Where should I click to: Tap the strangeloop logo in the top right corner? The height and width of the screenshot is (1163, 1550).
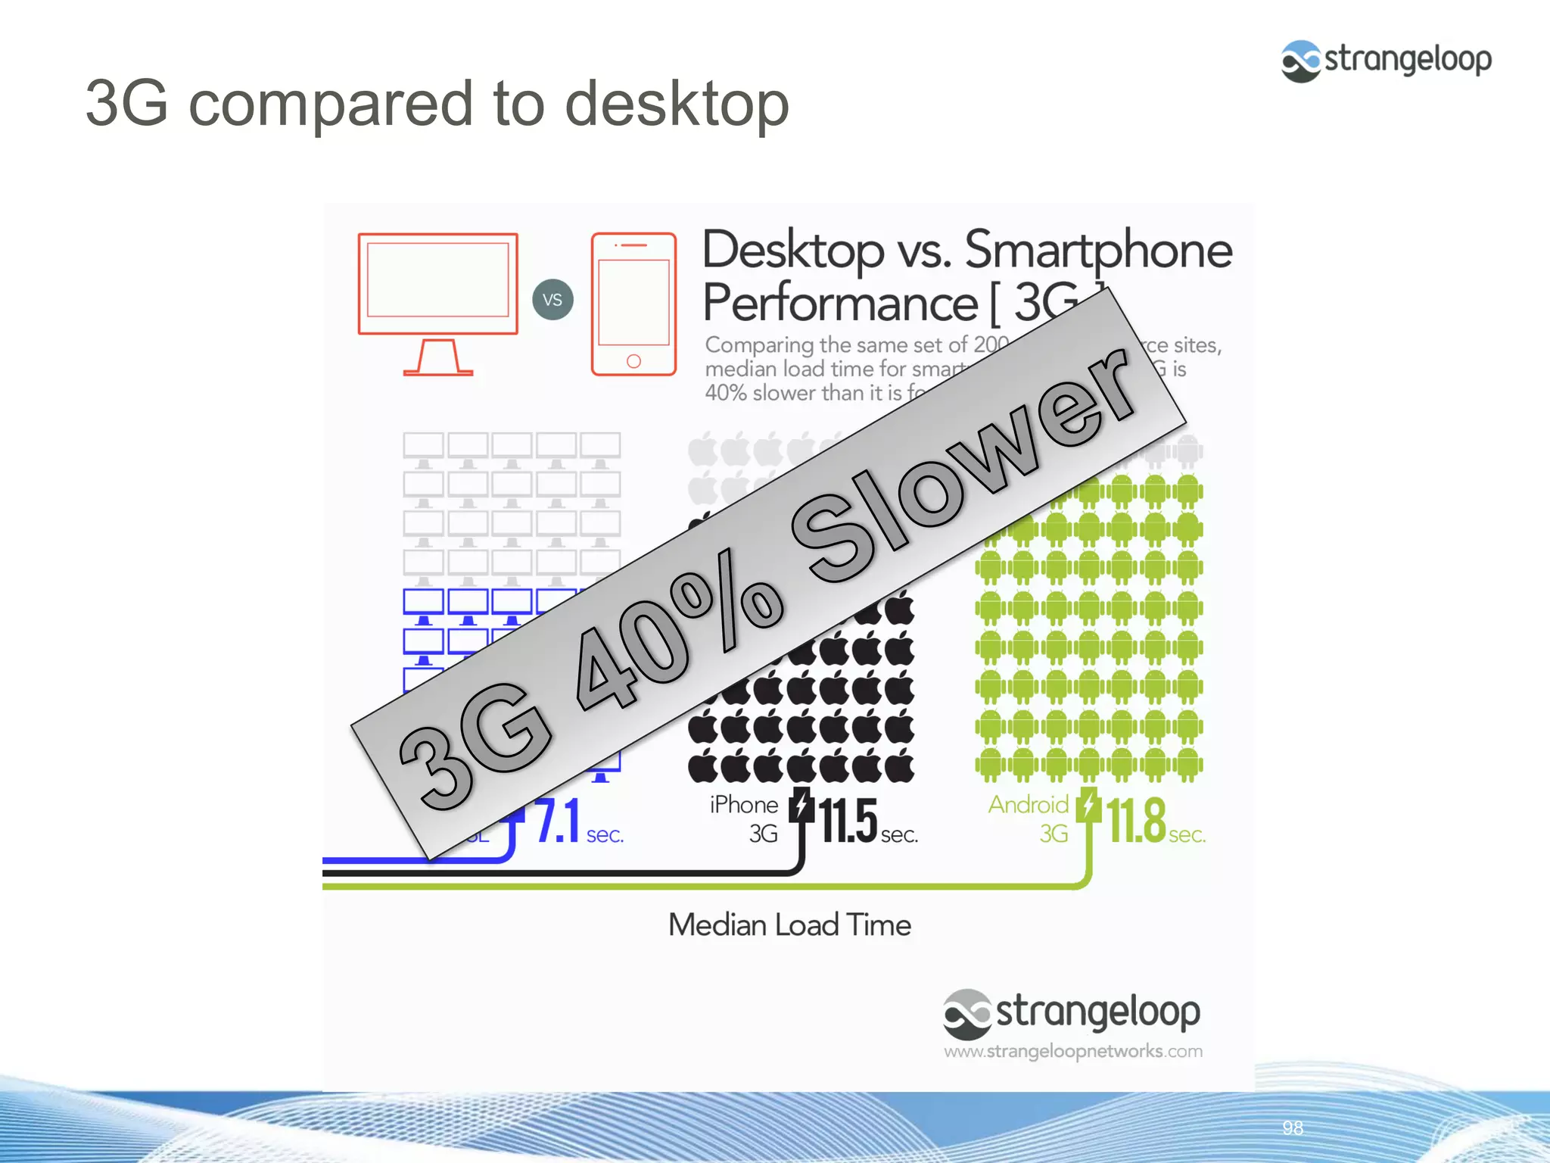coord(1386,61)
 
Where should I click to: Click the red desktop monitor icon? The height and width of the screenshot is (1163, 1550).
coord(437,301)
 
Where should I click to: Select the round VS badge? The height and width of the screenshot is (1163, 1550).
coord(552,300)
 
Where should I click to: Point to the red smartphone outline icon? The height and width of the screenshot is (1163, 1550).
coord(633,304)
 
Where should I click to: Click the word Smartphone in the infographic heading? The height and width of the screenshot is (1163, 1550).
coord(1098,251)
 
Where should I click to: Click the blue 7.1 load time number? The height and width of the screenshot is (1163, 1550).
coord(558,821)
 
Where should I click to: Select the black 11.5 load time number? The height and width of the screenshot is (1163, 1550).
coord(848,821)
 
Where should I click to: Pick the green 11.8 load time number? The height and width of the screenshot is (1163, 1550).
coord(1136,821)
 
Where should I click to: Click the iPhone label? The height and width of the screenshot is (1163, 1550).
coord(743,805)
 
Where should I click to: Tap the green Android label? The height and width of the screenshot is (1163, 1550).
coord(1028,805)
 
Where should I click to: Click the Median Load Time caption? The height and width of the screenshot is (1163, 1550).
coord(789,925)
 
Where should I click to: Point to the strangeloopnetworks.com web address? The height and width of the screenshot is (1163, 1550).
coord(1072,1051)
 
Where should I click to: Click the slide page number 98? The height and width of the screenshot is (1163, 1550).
coord(1293,1128)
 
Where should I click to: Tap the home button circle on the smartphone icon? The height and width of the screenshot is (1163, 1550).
coord(633,361)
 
